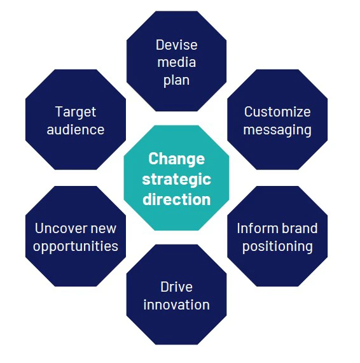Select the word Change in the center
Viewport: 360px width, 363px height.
pyautogui.click(x=176, y=159)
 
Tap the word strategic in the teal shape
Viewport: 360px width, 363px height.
pyautogui.click(x=176, y=179)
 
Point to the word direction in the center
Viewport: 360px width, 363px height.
pyautogui.click(x=176, y=199)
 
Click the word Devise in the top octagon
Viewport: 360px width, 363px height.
pyautogui.click(x=176, y=45)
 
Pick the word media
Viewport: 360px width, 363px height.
pyautogui.click(x=176, y=63)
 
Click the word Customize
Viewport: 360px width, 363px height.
pyautogui.click(x=277, y=112)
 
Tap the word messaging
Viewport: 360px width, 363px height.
pyautogui.click(x=277, y=131)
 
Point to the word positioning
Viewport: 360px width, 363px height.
pyautogui.click(x=277, y=246)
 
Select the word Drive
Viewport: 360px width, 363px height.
pyautogui.click(x=176, y=287)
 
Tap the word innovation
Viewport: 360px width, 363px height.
pyautogui.click(x=176, y=304)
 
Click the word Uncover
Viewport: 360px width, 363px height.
pyautogui.click(x=61, y=228)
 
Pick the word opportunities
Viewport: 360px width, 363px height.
pyautogui.click(x=76, y=246)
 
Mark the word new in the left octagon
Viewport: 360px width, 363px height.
pyautogui.click(x=104, y=229)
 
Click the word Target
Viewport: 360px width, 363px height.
pyautogui.click(x=76, y=112)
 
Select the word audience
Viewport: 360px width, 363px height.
pyautogui.click(x=76, y=130)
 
